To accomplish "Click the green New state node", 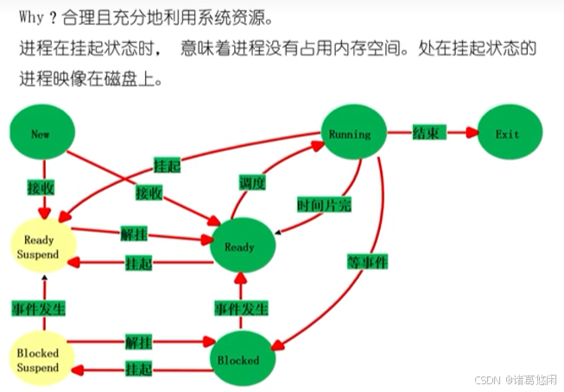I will (x=41, y=134).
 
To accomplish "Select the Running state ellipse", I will (x=350, y=134).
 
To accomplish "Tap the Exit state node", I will (x=508, y=134).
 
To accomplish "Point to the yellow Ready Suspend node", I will (x=41, y=247).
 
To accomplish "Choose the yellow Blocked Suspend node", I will (x=38, y=361).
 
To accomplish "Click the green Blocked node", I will (x=238, y=359).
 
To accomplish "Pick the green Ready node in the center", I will (x=240, y=247).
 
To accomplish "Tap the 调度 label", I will (x=252, y=182).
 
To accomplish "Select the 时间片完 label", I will (x=324, y=205).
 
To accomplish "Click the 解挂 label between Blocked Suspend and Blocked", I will (x=138, y=343).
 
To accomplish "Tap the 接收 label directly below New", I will (x=41, y=186).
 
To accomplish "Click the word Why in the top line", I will (x=31, y=16).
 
